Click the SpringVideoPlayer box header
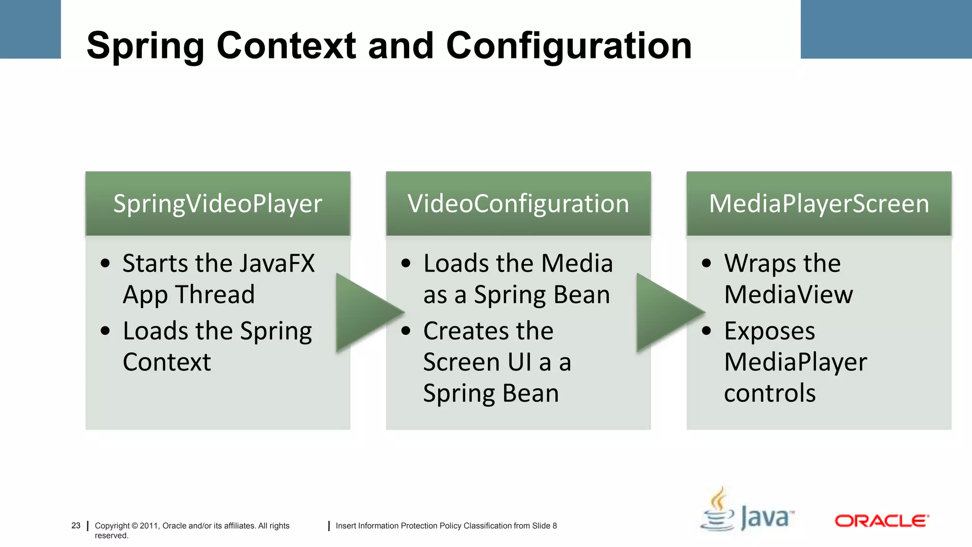coord(217,204)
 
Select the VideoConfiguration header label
coord(518,204)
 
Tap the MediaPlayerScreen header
coord(819,204)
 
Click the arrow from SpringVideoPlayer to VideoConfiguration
coord(367,312)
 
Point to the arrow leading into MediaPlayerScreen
coord(668,312)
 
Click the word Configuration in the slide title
coord(569,46)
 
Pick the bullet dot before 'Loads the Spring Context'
coord(105,331)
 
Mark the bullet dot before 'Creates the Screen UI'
coord(406,331)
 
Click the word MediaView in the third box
coord(788,294)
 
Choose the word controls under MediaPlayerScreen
coord(769,393)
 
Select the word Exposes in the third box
coord(769,331)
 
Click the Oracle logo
coord(881,521)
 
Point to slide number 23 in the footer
coord(76,526)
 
